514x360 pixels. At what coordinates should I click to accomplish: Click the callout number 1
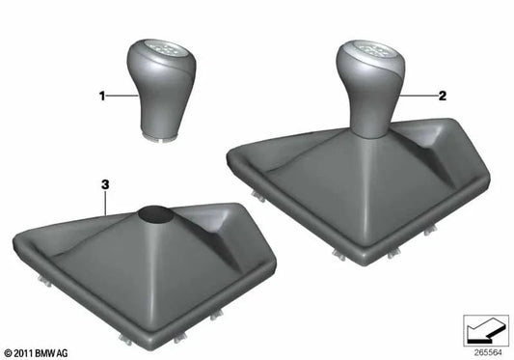99,96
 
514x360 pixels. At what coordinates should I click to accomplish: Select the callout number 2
443,97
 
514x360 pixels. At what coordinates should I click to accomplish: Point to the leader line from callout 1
121,96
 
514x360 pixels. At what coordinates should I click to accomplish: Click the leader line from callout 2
420,97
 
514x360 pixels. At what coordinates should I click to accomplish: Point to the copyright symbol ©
8,354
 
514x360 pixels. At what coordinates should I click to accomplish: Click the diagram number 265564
488,353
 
